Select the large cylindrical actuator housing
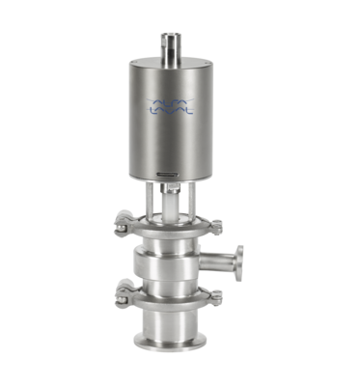coord(173,135)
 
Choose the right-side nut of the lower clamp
coord(215,297)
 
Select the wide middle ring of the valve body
coord(171,262)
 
